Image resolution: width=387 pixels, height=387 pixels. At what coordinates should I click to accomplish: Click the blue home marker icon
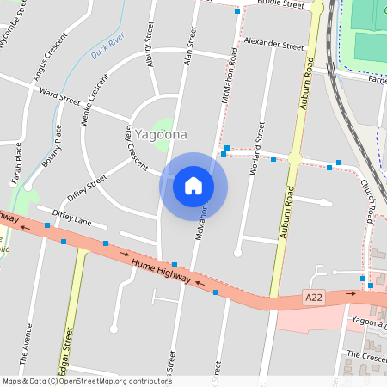coord(193,185)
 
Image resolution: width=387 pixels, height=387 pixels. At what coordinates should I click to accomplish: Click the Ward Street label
coord(59,95)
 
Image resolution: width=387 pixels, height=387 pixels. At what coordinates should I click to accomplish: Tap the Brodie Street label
coord(280,4)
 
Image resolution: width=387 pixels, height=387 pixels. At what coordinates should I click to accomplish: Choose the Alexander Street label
coord(273,43)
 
